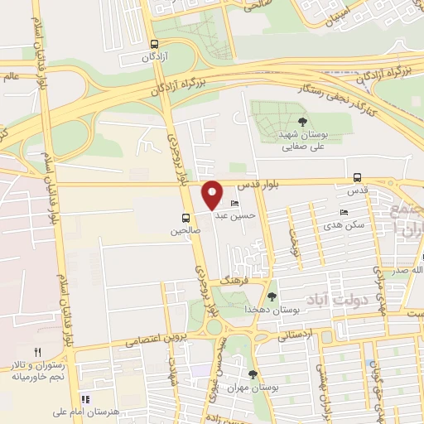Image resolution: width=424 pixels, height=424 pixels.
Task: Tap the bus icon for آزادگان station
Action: click(153, 45)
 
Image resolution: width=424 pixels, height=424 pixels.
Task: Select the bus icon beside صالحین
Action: click(186, 219)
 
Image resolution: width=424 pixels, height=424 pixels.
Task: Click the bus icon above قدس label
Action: click(357, 177)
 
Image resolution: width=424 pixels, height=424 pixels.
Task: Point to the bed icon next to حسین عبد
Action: click(235, 204)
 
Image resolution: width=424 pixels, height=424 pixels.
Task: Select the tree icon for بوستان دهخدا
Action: click(272, 296)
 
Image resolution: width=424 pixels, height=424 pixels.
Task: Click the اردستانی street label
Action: click(296, 335)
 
